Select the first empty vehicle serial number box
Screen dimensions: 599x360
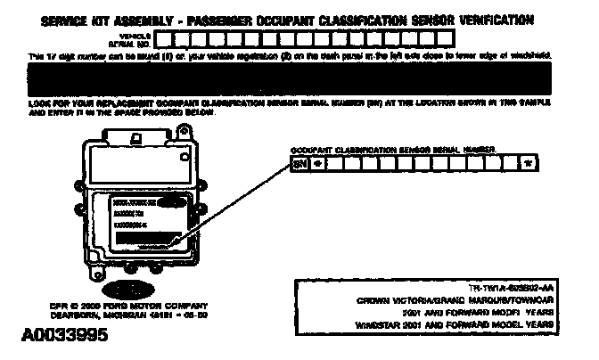coord(177,38)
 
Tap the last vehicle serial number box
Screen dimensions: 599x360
coord(445,38)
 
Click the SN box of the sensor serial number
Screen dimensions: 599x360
coord(299,164)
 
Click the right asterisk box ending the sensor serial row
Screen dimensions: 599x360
coord(529,164)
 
